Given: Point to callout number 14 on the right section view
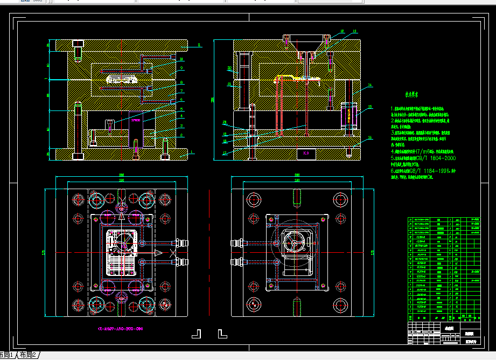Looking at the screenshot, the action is [371, 85].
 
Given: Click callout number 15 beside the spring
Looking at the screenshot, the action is [371, 107].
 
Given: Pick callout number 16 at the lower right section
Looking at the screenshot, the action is [371, 137].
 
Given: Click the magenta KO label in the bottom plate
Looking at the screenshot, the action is [306, 154].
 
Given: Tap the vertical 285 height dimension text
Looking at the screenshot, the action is [213, 99].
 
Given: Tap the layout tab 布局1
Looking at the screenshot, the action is [7, 355].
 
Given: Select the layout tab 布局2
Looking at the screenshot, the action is [27, 355].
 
